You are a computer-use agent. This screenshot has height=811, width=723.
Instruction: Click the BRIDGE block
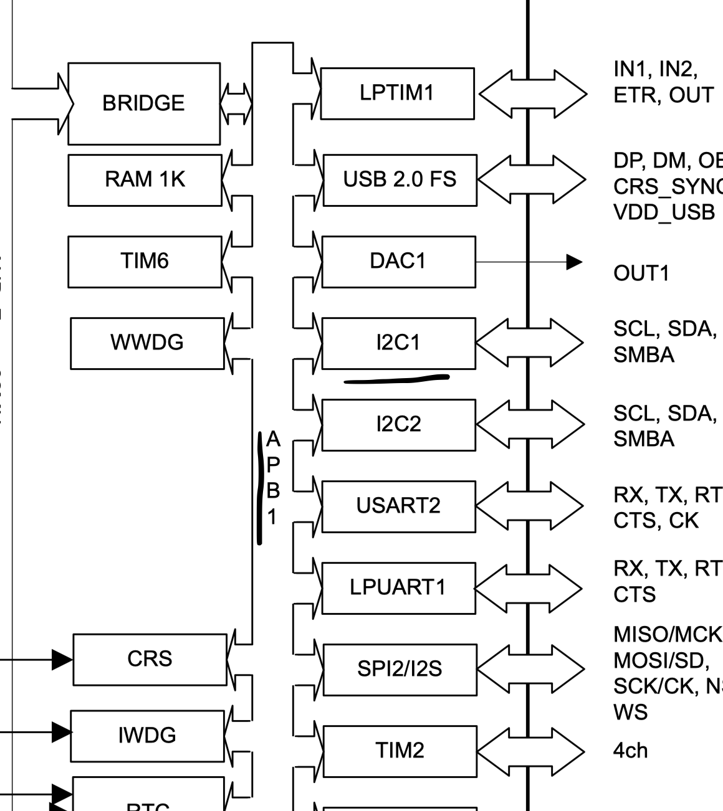coord(143,103)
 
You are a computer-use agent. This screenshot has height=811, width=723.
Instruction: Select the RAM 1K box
coord(145,180)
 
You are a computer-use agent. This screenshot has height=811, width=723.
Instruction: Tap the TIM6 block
coord(145,261)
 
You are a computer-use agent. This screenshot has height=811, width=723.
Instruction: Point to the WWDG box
coord(147,343)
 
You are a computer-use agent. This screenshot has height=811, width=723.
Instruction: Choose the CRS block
coord(150,659)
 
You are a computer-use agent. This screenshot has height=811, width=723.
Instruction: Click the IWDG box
coord(147,736)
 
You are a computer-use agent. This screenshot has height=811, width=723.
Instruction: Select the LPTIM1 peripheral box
coord(397,93)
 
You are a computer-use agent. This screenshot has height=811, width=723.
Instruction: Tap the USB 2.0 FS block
coord(400,180)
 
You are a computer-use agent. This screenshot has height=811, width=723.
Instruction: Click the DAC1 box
coord(398,261)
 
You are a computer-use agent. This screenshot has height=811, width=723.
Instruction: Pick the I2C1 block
coord(398,343)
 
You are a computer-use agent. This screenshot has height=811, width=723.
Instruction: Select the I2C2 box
coord(399,424)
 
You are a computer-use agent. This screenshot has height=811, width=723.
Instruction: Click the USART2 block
coord(399,506)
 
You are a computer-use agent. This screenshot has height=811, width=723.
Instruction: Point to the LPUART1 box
coord(399,587)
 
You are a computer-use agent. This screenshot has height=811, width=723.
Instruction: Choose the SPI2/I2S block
coord(400,669)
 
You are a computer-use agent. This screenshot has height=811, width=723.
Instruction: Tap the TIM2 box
coord(400,751)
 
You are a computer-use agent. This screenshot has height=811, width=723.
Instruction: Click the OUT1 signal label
coord(641,273)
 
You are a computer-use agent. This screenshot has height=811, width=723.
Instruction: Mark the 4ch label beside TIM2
coord(630,751)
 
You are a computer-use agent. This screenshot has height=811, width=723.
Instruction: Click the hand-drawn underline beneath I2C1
coord(396,379)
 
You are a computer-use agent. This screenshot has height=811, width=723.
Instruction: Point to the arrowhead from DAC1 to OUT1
coord(573,262)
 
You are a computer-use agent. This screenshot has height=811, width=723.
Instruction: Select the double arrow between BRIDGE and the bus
coord(236,103)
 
